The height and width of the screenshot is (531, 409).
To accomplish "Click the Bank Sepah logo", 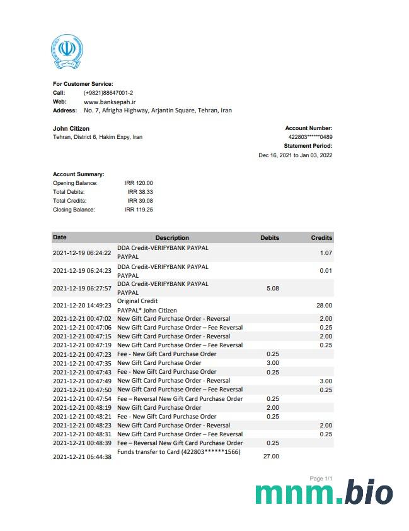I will pos(67,52).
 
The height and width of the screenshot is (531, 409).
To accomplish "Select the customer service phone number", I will pos(108,93).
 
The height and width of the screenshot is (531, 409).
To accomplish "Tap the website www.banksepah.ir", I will pos(110,102).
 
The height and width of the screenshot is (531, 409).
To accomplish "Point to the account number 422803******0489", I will pos(310,137).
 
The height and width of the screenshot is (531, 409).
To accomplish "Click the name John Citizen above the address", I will pos(71,129).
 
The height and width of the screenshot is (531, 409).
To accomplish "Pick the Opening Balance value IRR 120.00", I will pos(139,183).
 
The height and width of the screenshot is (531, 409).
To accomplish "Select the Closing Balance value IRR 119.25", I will pos(139,210).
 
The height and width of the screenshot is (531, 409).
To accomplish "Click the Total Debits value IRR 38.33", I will pos(140,192).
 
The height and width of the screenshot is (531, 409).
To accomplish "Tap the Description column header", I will pos(172,238).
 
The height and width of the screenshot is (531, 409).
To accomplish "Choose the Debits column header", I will pos(270,238).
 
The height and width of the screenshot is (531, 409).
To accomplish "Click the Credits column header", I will pos(321,238).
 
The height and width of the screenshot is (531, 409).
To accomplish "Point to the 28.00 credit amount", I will pos(324,306).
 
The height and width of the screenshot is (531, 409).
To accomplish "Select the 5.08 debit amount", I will pos(273,289).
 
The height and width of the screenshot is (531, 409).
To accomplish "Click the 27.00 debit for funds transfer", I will pos(271,456).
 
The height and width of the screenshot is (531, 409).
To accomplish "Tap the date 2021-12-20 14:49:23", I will pos(82,306).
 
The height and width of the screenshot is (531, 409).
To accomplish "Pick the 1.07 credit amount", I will pos(326,253).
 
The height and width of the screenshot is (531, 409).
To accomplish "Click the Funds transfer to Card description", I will pos(179,452).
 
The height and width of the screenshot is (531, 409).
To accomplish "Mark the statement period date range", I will pos(296,155).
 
